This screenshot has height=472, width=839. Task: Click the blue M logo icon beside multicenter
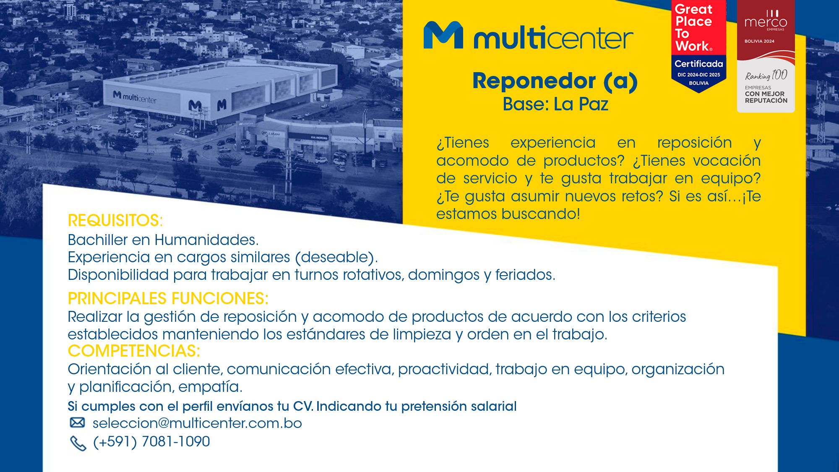(x=443, y=35)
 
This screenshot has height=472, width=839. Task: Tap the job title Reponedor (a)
(x=555, y=81)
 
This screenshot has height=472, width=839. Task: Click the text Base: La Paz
(x=555, y=104)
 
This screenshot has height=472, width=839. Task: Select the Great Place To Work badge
(x=698, y=46)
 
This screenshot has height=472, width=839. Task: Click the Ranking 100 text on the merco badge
(x=766, y=76)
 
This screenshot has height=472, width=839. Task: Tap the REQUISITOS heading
(x=115, y=221)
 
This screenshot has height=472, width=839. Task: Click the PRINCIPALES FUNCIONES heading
(x=168, y=299)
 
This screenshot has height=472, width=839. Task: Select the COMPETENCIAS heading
(x=134, y=351)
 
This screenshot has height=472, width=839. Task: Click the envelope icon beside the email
(x=77, y=422)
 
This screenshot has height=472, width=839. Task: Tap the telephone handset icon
(x=78, y=443)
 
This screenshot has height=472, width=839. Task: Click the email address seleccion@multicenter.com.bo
(x=197, y=423)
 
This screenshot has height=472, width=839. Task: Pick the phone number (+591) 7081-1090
(x=151, y=442)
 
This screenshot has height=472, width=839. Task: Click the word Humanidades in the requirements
(x=206, y=240)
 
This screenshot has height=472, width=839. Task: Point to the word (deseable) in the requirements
(x=336, y=258)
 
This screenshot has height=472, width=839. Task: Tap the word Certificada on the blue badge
(x=698, y=64)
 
